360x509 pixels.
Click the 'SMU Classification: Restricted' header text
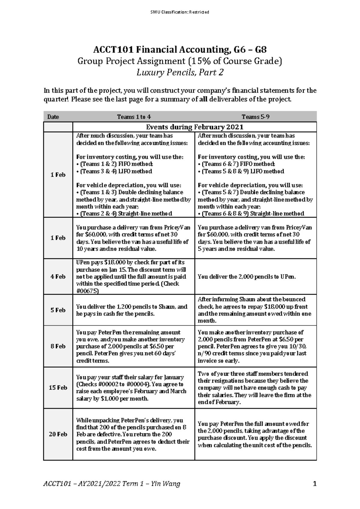pyautogui.click(x=180, y=12)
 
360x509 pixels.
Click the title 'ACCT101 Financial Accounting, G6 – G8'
pyautogui.click(x=180, y=49)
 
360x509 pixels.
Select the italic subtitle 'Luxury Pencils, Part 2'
pyautogui.click(x=180, y=73)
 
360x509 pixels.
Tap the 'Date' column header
pyautogui.click(x=53, y=117)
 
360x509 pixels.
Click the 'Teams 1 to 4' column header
pyautogui.click(x=134, y=117)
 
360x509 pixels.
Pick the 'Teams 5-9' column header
pyautogui.click(x=256, y=117)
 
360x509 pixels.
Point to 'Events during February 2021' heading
pyautogui.click(x=194, y=127)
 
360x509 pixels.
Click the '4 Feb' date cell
pyautogui.click(x=58, y=276)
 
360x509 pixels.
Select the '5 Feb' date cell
pyautogui.click(x=58, y=310)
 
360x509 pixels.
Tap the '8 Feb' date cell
pyautogui.click(x=58, y=346)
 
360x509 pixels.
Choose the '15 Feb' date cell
pyautogui.click(x=58, y=388)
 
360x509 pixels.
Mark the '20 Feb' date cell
pyautogui.click(x=58, y=434)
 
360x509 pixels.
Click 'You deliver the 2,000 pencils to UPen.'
pyautogui.click(x=247, y=277)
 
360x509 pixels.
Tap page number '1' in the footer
pyautogui.click(x=314, y=484)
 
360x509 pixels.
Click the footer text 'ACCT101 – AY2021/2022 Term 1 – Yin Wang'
pyautogui.click(x=112, y=484)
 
